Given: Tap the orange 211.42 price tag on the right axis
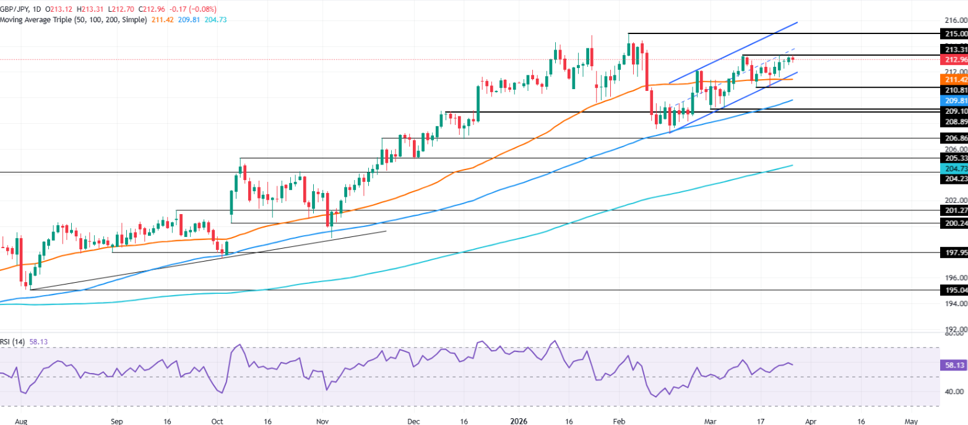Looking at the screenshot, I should coord(954,80).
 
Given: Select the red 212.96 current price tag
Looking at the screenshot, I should coord(954,60).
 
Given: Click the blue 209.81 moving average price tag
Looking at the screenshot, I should coord(954,100).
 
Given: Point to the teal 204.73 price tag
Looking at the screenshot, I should coord(954,169).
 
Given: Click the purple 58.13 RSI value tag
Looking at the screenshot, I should coord(954,366).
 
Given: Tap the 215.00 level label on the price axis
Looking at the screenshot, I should coord(954,33).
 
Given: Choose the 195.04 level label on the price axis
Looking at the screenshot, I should coord(954,290).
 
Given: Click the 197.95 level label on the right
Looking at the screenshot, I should coord(954,252).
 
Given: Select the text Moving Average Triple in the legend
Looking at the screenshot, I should coord(40,20).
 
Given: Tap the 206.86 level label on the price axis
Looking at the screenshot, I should coord(954,139).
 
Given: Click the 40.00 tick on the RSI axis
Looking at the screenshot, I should coord(954,392).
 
